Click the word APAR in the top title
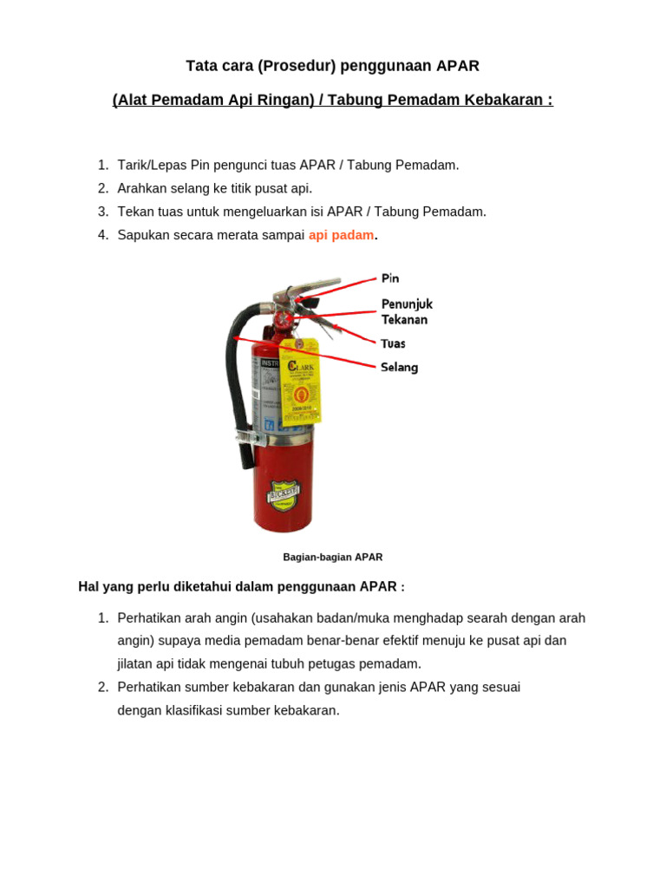458,66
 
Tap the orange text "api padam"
341,235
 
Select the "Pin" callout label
390,278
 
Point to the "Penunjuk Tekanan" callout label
406,311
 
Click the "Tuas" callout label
393,343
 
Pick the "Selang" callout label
399,367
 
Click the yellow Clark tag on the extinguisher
300,382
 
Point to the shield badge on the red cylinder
283,496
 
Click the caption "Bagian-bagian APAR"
332,557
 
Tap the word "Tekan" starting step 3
134,212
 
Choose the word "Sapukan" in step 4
142,235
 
